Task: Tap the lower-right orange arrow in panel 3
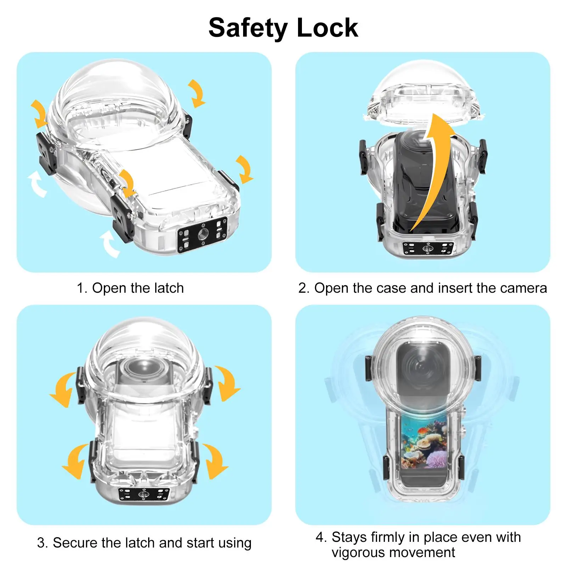[214, 461]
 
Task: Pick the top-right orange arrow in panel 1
[197, 93]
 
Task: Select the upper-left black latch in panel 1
[46, 152]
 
